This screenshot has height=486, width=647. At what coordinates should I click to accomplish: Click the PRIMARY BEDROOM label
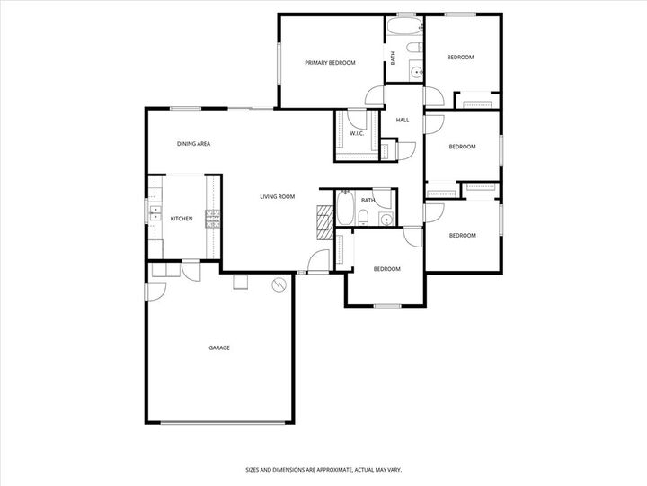pyautogui.click(x=330, y=63)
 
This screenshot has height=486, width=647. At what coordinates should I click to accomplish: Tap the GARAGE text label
pyautogui.click(x=219, y=347)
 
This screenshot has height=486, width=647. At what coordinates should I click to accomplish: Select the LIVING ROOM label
pyautogui.click(x=278, y=196)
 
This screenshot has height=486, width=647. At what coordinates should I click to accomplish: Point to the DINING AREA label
pyautogui.click(x=193, y=144)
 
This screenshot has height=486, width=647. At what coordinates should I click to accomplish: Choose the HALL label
pyautogui.click(x=403, y=120)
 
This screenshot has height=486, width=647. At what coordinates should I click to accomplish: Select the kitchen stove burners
pyautogui.click(x=213, y=218)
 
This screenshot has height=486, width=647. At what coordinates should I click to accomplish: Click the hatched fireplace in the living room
pyautogui.click(x=324, y=221)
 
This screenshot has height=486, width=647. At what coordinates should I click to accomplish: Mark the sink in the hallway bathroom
pyautogui.click(x=386, y=219)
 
